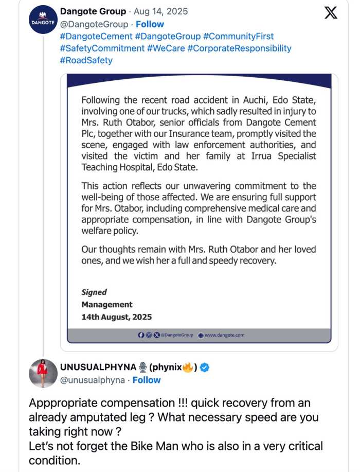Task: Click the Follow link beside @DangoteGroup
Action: (x=150, y=24)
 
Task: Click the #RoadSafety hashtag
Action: (x=86, y=60)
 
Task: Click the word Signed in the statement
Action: (x=94, y=292)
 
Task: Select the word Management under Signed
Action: (x=107, y=305)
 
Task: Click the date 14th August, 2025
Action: (x=117, y=317)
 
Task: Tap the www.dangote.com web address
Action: (x=224, y=335)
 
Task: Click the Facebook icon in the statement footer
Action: (x=141, y=335)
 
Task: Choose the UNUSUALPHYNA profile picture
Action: (x=42, y=373)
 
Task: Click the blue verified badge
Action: (x=205, y=367)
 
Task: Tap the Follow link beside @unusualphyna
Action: (x=147, y=380)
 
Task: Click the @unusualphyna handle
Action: (x=93, y=380)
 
